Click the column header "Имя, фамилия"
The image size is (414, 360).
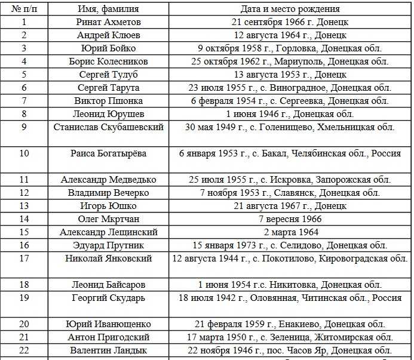[108, 9]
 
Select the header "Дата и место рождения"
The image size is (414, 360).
[290, 9]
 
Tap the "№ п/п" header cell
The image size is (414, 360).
[24, 9]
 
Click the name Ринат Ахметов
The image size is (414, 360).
[108, 22]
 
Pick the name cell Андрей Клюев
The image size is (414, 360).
[108, 35]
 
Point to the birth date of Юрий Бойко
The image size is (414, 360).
[290, 48]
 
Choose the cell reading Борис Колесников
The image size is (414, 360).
[108, 61]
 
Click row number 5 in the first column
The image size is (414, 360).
[24, 75]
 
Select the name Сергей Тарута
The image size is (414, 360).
[108, 88]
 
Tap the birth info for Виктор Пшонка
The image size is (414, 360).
[290, 101]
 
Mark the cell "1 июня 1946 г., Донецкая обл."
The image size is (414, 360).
[290, 114]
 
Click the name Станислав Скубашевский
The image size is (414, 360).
[108, 127]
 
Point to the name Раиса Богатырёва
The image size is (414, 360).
[108, 153]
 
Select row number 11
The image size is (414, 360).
[24, 180]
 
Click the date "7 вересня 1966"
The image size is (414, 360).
[290, 219]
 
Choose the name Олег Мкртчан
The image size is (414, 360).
[108, 219]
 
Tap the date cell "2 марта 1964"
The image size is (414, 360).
[290, 232]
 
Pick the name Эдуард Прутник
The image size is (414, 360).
[108, 245]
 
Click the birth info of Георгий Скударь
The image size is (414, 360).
[290, 298]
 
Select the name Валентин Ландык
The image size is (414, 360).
[108, 350]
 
